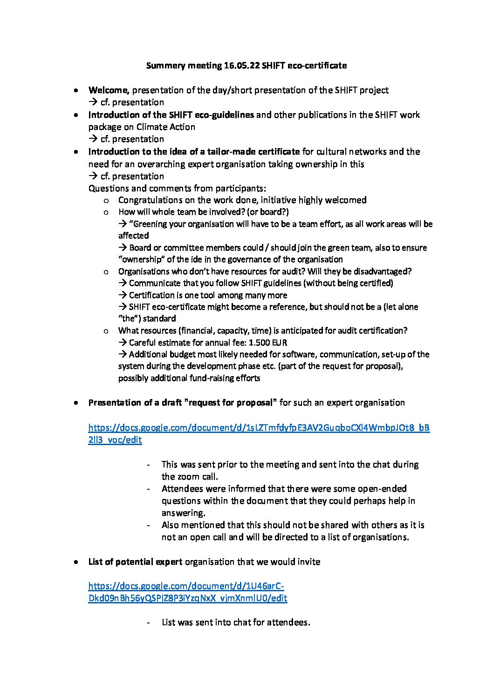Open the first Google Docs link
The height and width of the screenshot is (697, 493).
pos(259,428)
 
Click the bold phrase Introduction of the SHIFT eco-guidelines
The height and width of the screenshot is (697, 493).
pos(171,115)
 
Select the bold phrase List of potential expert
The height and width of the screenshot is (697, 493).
pos(135,562)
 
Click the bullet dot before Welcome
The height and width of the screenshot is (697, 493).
pos(75,90)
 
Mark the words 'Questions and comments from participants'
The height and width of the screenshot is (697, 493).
pos(177,189)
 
